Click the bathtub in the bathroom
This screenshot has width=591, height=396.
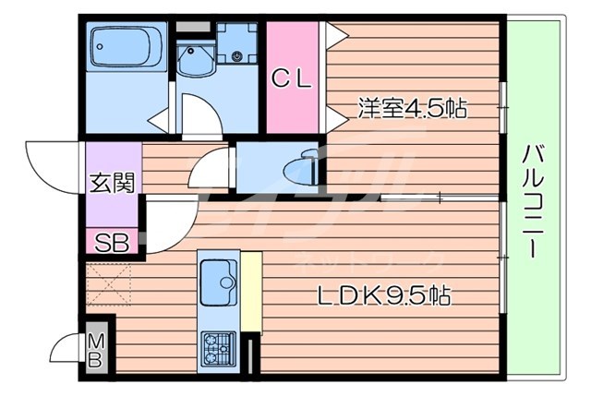click(126, 46)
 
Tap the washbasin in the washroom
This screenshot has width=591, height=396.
click(195, 60)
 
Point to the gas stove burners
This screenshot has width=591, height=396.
click(219, 349)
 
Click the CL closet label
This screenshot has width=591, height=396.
click(292, 79)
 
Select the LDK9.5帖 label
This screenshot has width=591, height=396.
click(384, 297)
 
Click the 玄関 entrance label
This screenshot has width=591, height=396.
click(112, 183)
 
